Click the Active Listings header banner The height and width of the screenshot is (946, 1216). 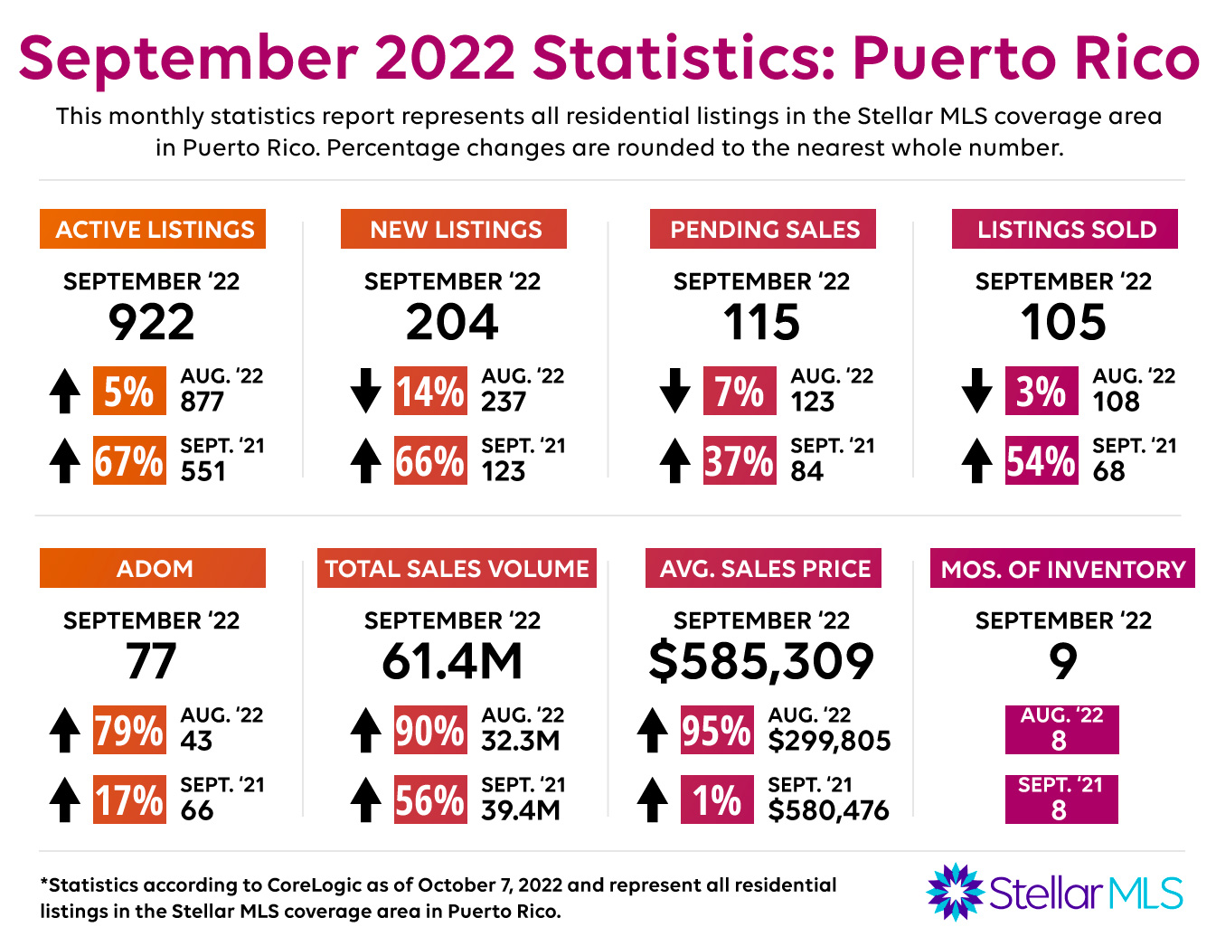(153, 229)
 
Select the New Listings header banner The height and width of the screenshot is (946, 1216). (454, 229)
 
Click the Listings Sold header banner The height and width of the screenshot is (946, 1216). (1065, 229)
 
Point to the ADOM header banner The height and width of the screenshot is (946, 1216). (153, 568)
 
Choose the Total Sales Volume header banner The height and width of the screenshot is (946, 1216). (457, 568)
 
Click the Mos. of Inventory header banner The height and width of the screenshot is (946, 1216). (1062, 568)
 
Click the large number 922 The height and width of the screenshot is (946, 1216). (152, 322)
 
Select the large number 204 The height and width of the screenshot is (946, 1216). (452, 322)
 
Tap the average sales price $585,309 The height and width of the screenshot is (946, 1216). (761, 661)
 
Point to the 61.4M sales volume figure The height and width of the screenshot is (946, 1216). (452, 661)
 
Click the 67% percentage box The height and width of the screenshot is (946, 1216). (129, 461)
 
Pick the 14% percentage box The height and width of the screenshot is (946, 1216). (431, 391)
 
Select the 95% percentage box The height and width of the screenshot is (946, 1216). (717, 731)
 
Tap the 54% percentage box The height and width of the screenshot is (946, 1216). (1042, 461)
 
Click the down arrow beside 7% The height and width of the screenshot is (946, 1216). (674, 391)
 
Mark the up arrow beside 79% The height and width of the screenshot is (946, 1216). (64, 730)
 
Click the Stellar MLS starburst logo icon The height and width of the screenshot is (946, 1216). (955, 892)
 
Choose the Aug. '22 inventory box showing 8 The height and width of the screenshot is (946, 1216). (1061, 730)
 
